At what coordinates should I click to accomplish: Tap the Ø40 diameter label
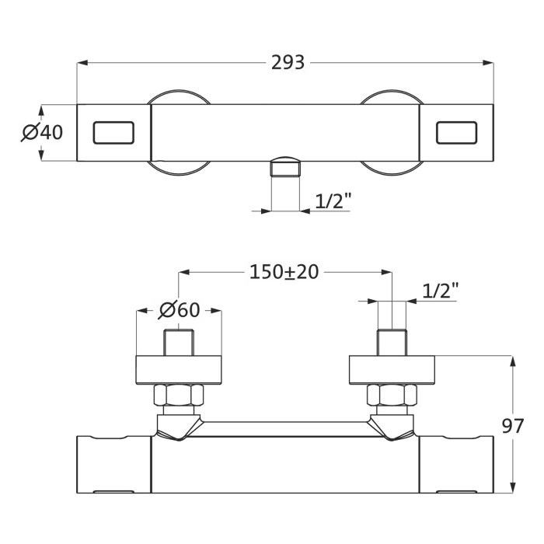point(42,133)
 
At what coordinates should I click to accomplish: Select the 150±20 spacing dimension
point(284,272)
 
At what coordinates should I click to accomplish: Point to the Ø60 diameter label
point(180,310)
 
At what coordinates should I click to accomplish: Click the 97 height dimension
point(511,426)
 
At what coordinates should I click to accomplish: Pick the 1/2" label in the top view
point(333,201)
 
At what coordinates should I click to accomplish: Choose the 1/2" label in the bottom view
point(441,291)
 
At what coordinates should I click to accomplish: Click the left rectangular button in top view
point(113,133)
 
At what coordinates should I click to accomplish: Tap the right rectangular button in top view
point(457,133)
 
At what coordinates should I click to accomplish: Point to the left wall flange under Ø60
point(179,370)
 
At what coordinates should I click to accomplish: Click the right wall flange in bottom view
point(392,370)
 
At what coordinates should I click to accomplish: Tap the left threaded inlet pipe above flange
point(179,343)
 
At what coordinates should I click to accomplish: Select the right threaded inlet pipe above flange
point(392,343)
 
